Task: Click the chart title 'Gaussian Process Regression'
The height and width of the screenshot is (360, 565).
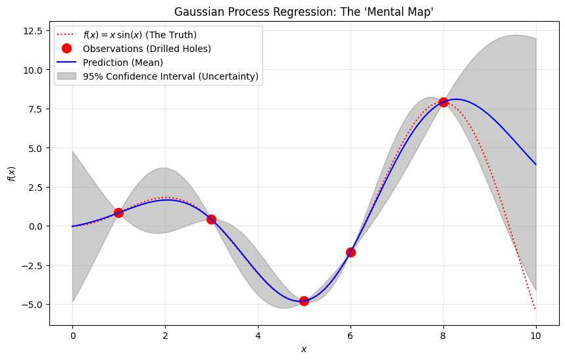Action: click(x=303, y=12)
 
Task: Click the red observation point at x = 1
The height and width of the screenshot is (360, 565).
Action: click(x=118, y=213)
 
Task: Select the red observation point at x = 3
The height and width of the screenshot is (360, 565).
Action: click(x=211, y=219)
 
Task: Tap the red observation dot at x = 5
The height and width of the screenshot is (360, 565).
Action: click(x=304, y=301)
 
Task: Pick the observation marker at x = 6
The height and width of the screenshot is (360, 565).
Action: click(x=351, y=252)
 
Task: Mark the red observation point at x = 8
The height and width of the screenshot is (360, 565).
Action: click(x=443, y=102)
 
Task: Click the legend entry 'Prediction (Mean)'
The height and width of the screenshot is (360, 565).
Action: click(x=123, y=63)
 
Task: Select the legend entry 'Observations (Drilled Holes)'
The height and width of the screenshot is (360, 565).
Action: click(x=147, y=48)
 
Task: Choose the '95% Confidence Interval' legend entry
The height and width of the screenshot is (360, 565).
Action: click(x=170, y=76)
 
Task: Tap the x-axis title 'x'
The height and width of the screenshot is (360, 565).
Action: click(x=304, y=349)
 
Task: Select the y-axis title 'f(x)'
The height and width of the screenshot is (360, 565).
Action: click(x=11, y=174)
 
